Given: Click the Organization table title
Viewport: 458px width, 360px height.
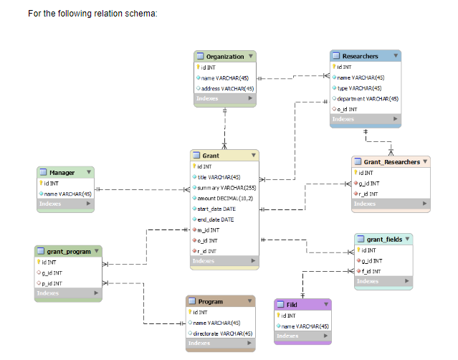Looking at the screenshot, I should click(x=224, y=57).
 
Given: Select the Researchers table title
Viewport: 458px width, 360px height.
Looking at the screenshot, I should click(x=360, y=56).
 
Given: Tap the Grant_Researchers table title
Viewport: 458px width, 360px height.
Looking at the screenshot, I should click(x=392, y=162).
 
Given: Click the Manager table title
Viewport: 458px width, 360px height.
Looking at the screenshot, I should click(x=62, y=173).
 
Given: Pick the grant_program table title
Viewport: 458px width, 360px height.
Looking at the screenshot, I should click(x=69, y=252).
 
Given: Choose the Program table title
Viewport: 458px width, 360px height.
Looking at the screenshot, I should click(x=211, y=302).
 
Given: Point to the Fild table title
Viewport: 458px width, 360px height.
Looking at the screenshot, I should click(x=292, y=305).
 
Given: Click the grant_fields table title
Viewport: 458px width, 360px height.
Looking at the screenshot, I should click(x=384, y=239).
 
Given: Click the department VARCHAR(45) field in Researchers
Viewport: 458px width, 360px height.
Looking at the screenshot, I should click(x=368, y=99).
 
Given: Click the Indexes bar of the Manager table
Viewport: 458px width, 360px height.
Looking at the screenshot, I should click(x=65, y=204).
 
